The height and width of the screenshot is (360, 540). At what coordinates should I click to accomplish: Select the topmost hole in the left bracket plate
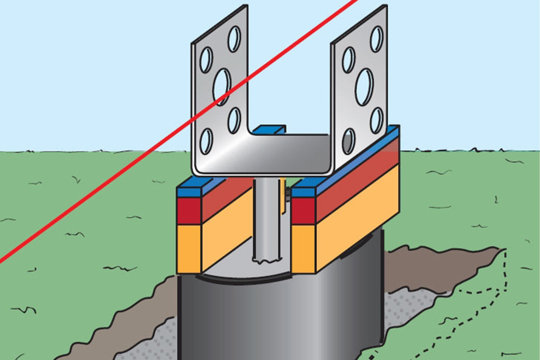(234, 39)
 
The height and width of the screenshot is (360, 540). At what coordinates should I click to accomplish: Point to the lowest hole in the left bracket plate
(206, 141)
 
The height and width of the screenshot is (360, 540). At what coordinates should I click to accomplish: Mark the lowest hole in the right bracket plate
(348, 141)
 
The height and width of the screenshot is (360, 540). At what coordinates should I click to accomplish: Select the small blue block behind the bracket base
(269, 130)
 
